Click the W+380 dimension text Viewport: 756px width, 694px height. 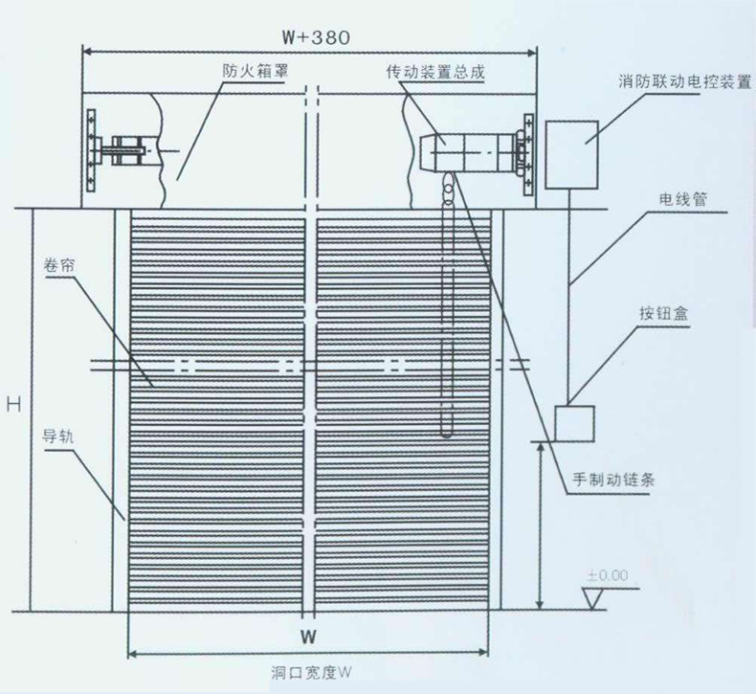tap(317, 37)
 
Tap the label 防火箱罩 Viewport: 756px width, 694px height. tap(256, 71)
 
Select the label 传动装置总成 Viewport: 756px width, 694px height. tap(435, 72)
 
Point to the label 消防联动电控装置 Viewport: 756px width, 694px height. tap(684, 81)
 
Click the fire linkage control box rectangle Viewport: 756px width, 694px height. tap(572, 154)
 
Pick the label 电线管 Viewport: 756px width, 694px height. tap(682, 199)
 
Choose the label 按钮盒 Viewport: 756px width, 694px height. tap(663, 313)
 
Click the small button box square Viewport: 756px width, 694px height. tap(574, 423)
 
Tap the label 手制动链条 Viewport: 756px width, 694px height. tap(613, 479)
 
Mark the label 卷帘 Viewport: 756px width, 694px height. tap(59, 265)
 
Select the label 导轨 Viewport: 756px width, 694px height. tap(57, 437)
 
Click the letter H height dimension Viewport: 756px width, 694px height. tap(14, 404)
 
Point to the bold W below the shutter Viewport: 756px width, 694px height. tap(308, 637)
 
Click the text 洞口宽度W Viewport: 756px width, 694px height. tap(311, 672)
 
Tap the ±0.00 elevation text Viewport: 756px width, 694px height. tap(608, 575)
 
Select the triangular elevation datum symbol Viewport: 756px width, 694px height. tap(592, 598)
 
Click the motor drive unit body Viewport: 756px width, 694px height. tap(467, 152)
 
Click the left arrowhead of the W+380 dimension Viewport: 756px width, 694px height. tap(87, 52)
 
